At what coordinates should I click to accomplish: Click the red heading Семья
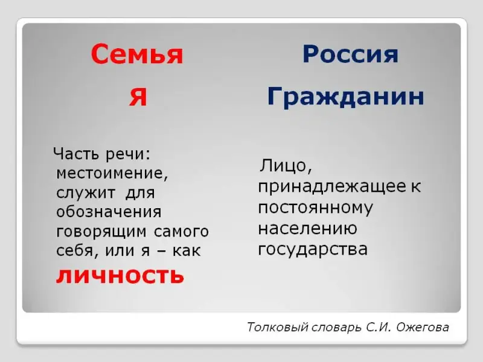click(137, 54)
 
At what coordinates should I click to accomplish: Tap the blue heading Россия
click(351, 54)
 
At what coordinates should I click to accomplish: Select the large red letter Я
click(138, 97)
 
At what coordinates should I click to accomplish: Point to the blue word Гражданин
click(345, 97)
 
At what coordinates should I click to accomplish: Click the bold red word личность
click(120, 275)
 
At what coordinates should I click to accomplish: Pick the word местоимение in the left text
click(112, 173)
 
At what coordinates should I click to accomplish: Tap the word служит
click(86, 193)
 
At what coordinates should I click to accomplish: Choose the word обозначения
click(109, 212)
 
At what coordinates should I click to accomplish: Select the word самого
click(182, 232)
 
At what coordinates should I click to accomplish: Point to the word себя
click(75, 250)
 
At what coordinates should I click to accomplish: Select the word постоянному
click(315, 208)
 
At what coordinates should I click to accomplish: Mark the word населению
click(308, 229)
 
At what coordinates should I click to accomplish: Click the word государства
click(313, 250)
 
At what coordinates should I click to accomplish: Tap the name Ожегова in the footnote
click(423, 327)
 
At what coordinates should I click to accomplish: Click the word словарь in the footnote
click(337, 328)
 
